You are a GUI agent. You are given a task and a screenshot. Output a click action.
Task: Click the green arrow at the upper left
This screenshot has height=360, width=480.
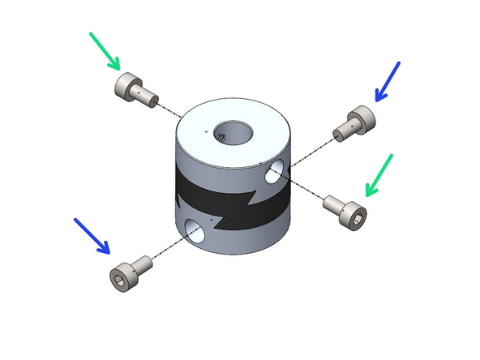(x=104, y=49)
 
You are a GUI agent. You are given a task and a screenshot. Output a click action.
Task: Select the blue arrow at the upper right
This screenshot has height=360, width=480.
(x=388, y=82)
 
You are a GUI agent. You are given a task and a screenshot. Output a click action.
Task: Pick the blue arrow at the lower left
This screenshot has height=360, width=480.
(x=92, y=235)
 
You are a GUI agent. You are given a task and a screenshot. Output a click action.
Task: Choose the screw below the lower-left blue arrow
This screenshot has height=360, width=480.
(x=131, y=272)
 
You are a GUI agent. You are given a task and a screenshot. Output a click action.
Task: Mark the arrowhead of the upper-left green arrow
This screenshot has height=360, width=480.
(x=116, y=65)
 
